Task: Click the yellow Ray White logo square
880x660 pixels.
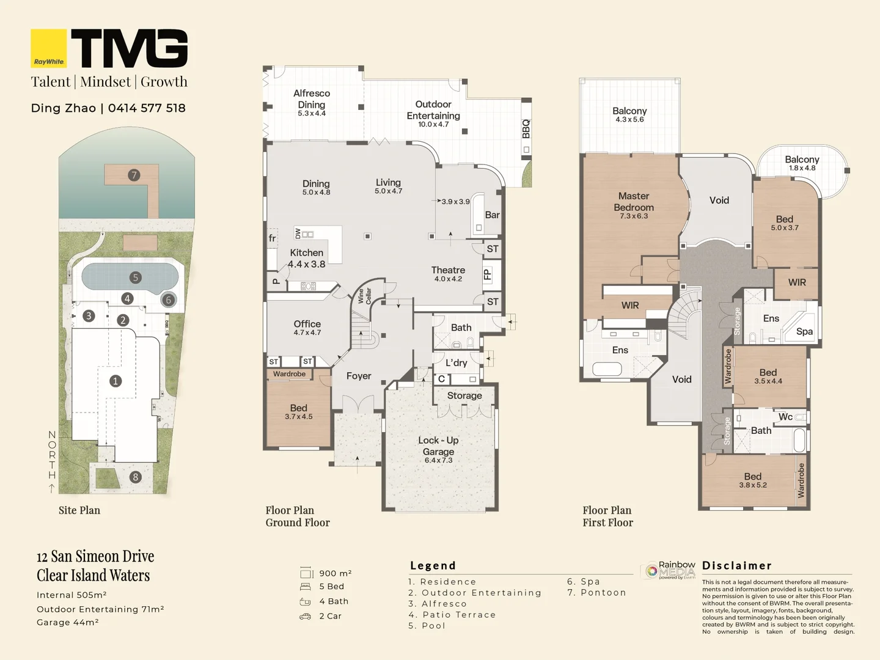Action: (49, 48)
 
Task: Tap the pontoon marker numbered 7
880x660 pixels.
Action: (134, 175)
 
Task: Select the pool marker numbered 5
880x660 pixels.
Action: (136, 277)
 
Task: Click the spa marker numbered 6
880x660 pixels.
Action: (168, 300)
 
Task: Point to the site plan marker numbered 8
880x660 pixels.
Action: (136, 477)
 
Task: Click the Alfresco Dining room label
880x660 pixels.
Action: (312, 103)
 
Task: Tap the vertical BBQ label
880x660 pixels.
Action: (526, 129)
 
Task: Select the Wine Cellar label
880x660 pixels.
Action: (365, 296)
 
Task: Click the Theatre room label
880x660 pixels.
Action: (448, 273)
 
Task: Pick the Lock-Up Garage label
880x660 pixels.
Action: (438, 449)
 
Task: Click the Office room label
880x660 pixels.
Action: (307, 327)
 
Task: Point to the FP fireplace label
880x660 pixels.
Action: (487, 274)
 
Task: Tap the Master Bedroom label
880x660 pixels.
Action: (634, 205)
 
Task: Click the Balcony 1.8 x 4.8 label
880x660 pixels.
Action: (802, 163)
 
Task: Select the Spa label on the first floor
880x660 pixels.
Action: (804, 331)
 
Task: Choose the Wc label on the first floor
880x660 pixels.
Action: (785, 417)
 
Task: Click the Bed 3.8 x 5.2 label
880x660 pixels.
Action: (753, 480)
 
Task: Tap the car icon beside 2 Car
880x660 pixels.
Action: (305, 616)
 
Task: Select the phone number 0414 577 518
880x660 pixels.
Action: (147, 108)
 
